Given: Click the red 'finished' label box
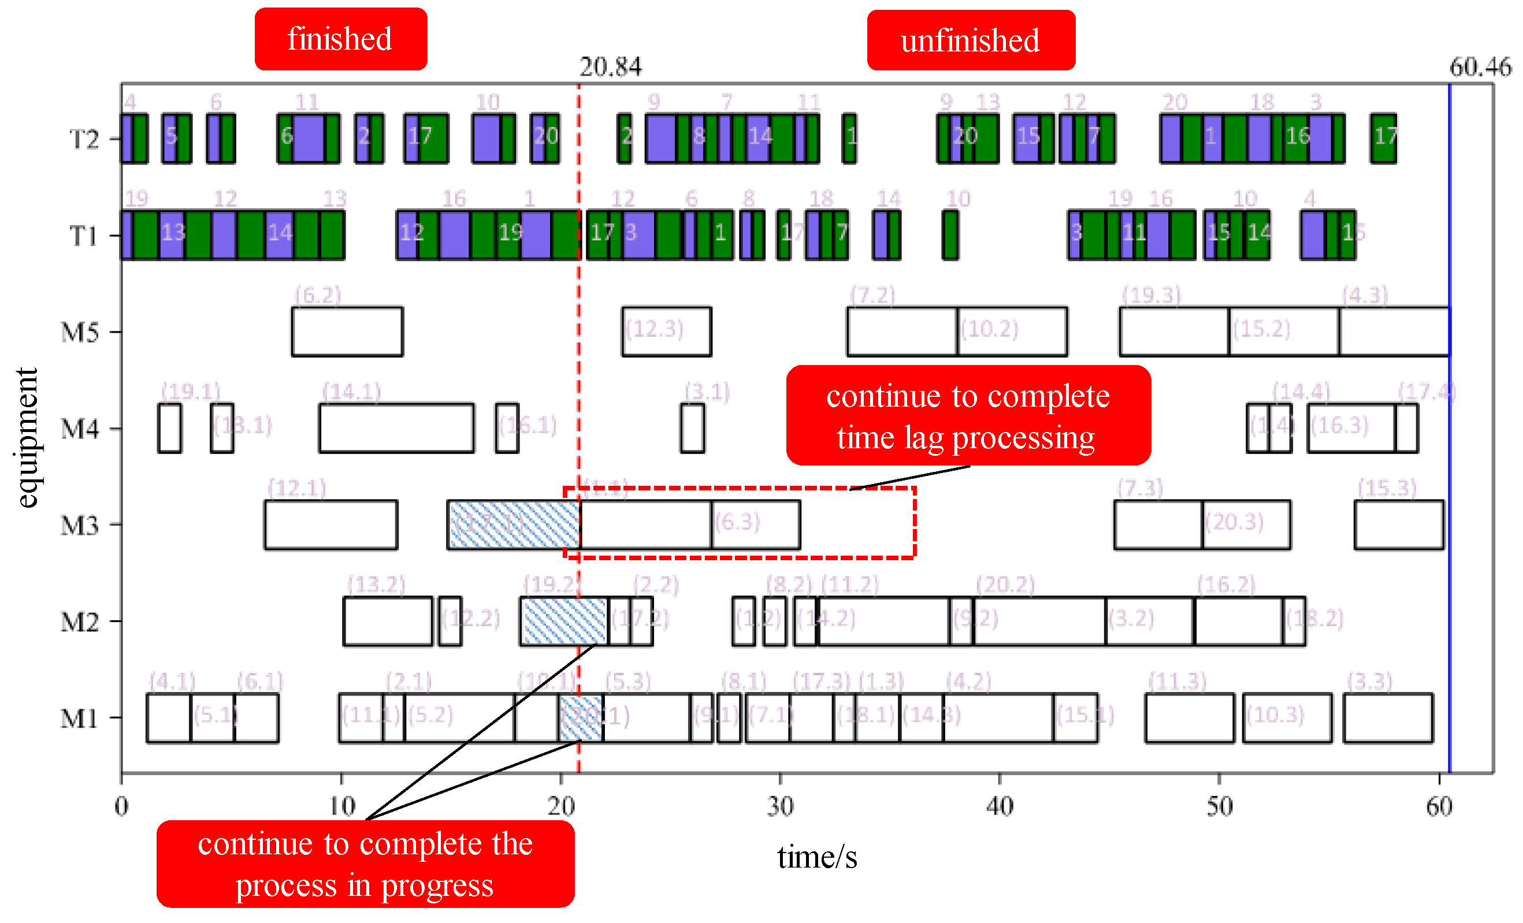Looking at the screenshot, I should click(x=340, y=39).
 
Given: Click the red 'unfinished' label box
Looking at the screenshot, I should click(x=971, y=41).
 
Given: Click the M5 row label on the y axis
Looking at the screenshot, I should click(x=80, y=332).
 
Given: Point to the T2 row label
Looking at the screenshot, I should click(x=83, y=139).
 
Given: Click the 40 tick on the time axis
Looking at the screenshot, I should click(x=1000, y=806).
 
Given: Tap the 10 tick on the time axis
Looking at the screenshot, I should click(x=341, y=806).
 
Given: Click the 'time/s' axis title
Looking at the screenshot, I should click(x=816, y=858).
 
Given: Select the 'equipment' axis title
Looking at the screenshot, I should click(x=27, y=437).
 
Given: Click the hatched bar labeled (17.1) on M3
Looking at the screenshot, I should click(x=514, y=525).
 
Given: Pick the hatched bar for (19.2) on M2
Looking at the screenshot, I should click(x=564, y=621).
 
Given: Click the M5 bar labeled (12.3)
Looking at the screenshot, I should click(x=666, y=332).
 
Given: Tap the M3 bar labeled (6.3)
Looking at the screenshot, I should click(x=755, y=525).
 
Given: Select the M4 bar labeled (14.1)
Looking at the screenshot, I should click(x=396, y=428).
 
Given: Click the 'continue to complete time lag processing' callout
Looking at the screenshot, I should click(x=968, y=415).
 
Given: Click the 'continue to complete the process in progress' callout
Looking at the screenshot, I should click(x=365, y=864).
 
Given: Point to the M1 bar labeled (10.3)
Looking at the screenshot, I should click(x=1287, y=717).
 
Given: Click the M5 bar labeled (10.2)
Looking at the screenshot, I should click(x=1012, y=332).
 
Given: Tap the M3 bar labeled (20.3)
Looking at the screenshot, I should click(x=1246, y=525).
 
